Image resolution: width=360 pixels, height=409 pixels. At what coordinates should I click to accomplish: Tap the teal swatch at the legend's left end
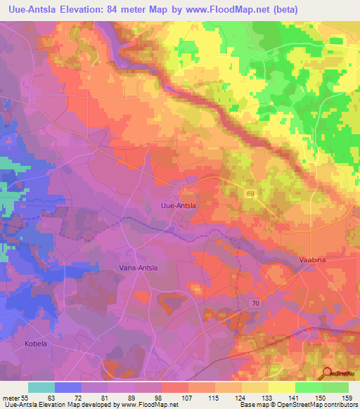pos(41,387)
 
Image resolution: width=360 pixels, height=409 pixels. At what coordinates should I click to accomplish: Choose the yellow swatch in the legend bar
pos(281,387)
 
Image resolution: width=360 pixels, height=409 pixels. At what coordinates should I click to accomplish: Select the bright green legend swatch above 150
pos(308,387)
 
